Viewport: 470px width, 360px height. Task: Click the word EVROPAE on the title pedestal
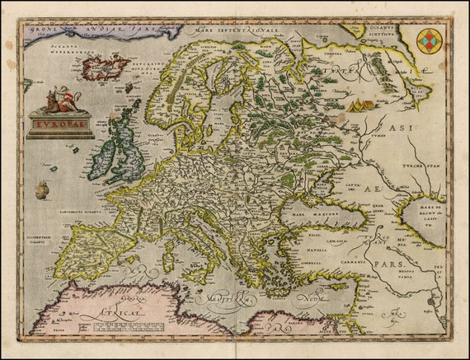pyautogui.click(x=59, y=126)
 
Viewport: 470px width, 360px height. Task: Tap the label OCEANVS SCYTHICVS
pyautogui.click(x=386, y=31)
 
